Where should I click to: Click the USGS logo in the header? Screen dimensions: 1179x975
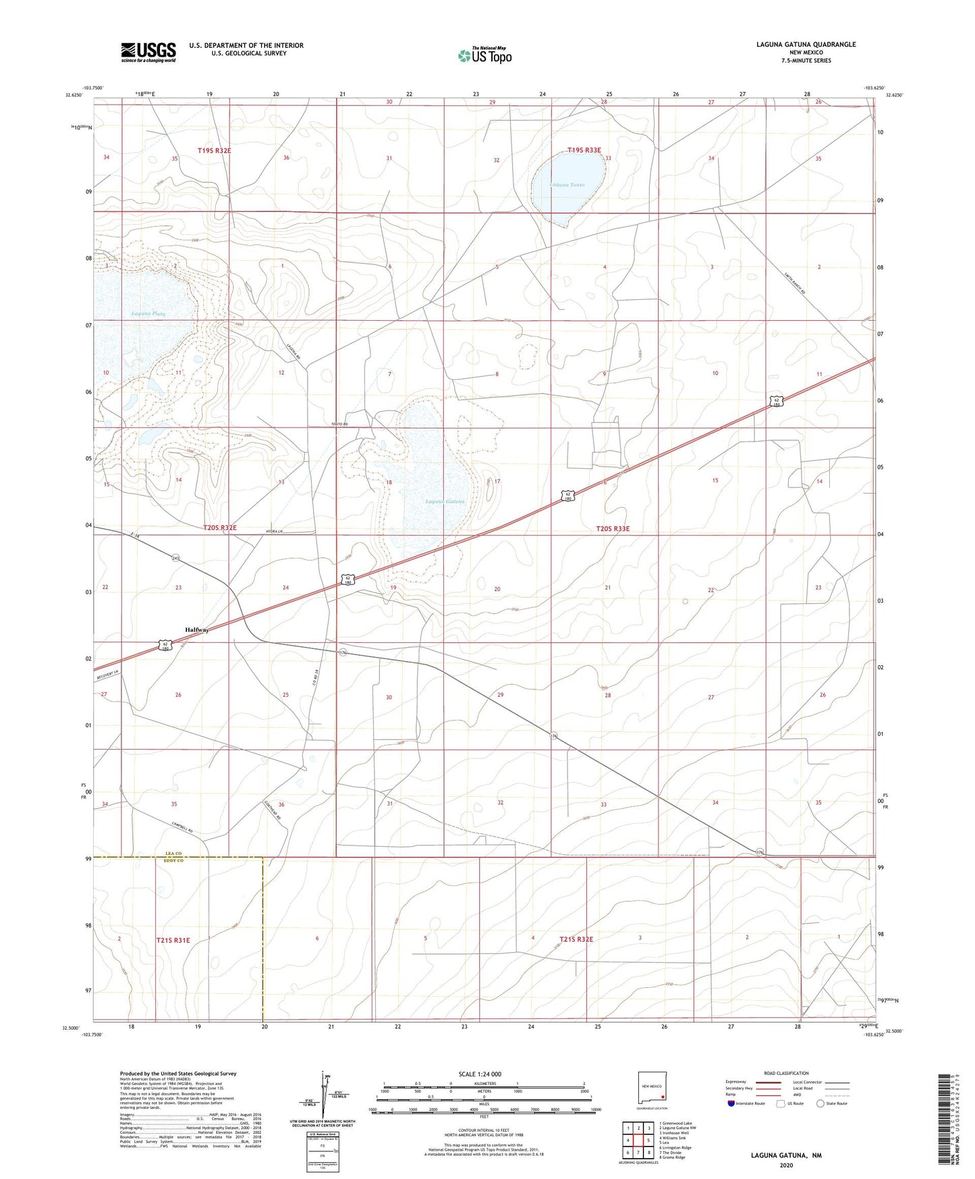click(148, 51)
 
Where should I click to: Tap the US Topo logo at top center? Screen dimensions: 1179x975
click(484, 55)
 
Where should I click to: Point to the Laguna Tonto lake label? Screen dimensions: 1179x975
click(567, 184)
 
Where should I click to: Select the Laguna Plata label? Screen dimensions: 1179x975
click(148, 313)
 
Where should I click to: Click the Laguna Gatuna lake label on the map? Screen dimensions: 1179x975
click(445, 501)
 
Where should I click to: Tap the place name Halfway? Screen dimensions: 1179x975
click(197, 629)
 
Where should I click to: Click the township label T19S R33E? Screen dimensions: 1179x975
click(584, 150)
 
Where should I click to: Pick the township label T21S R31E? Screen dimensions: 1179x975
click(173, 940)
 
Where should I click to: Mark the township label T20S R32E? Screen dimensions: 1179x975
click(220, 527)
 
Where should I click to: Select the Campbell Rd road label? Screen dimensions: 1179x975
click(182, 826)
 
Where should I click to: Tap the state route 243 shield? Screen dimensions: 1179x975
click(175, 558)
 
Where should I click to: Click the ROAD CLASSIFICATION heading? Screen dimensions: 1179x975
click(787, 1073)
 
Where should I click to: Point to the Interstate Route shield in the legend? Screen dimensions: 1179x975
click(731, 1103)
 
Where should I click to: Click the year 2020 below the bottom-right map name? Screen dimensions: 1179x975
click(786, 1165)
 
